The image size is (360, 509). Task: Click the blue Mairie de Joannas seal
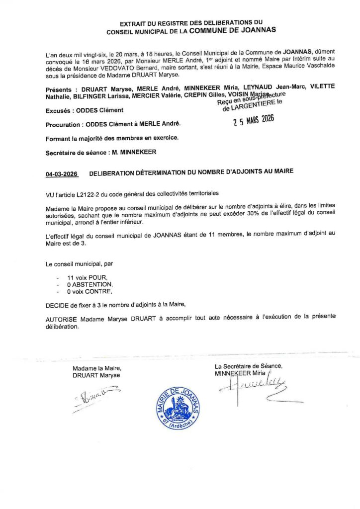[178, 408]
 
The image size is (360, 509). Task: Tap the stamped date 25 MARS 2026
[254, 122]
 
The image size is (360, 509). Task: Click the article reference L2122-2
[88, 193]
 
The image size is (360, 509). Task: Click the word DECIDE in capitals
[56, 304]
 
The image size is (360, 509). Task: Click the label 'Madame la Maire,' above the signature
[96, 368]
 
